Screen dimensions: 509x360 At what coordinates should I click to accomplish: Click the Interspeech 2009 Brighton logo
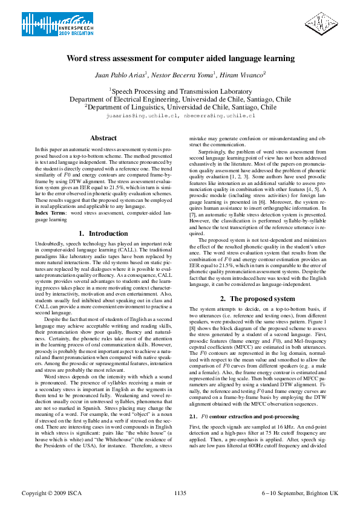(x=50, y=26)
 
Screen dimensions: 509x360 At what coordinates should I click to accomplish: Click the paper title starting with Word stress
(x=180, y=59)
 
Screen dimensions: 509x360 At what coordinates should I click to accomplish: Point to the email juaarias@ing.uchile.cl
(x=142, y=114)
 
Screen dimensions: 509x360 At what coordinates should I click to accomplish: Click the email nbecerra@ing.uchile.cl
(x=219, y=114)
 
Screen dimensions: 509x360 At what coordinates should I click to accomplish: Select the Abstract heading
(x=103, y=138)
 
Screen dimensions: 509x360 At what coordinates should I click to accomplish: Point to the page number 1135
(x=180, y=493)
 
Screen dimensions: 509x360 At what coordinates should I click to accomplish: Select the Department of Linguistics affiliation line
(x=180, y=106)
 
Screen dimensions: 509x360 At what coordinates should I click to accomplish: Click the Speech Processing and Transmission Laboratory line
(x=180, y=91)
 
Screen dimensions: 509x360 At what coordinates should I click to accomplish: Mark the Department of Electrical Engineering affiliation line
(x=180, y=99)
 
